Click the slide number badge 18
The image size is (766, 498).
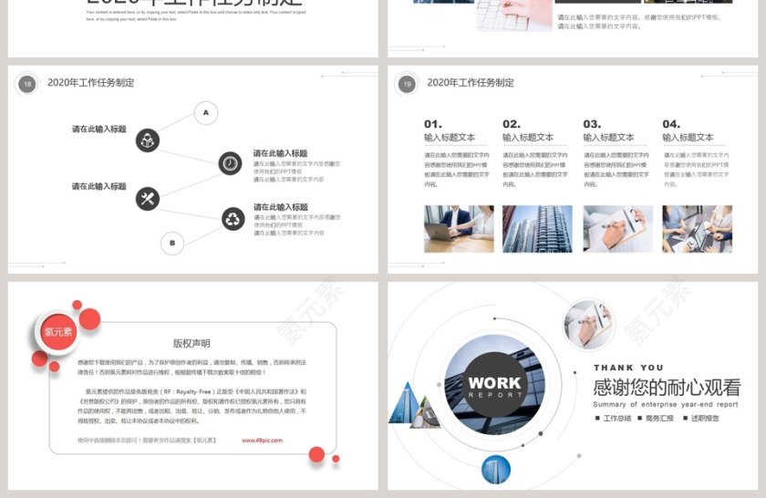(x=27, y=84)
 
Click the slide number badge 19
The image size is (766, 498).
(x=407, y=84)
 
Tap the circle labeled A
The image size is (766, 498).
(x=205, y=113)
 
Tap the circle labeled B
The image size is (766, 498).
(x=172, y=243)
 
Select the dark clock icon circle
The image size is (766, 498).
(x=230, y=164)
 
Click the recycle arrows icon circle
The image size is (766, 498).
(x=233, y=218)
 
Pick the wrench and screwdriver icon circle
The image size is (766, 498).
(x=148, y=198)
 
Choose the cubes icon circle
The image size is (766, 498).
(x=148, y=140)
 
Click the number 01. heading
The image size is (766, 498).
(x=433, y=124)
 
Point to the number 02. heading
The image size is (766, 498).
(x=512, y=124)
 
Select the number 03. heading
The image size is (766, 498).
(x=592, y=124)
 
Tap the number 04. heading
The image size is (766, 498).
(x=671, y=124)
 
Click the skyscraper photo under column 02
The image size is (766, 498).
(x=537, y=229)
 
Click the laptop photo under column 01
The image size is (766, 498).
(x=459, y=229)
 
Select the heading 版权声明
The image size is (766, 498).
(x=191, y=344)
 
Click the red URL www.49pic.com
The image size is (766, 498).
(x=262, y=441)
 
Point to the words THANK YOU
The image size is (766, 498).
(x=628, y=368)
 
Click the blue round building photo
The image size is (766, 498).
(x=496, y=469)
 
